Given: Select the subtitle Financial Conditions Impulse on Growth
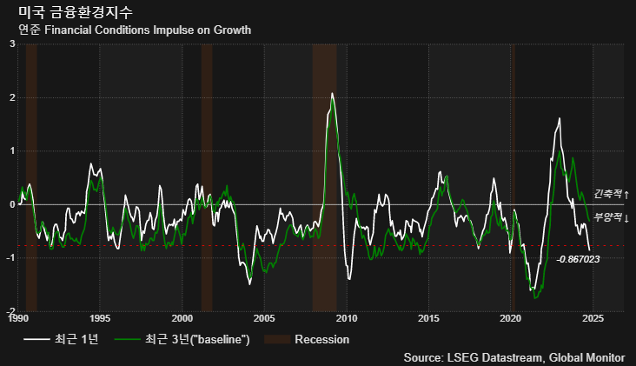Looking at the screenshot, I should click(135, 30).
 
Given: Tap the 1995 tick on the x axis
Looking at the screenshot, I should click(99, 318).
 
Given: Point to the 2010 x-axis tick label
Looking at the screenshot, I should click(347, 318).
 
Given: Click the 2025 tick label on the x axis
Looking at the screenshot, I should click(593, 318).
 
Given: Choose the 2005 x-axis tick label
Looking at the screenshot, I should click(264, 318).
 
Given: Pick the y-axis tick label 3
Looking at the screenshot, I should click(12, 44).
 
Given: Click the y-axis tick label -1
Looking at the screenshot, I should click(10, 258).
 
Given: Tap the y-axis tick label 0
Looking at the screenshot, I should click(12, 204).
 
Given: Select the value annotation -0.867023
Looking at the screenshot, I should click(578, 259).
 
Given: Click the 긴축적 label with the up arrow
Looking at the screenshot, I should click(611, 194).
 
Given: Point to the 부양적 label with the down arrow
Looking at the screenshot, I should click(611, 217).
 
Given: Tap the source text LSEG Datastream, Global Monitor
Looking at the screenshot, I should click(513, 356).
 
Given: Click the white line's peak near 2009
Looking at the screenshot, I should click(332, 93).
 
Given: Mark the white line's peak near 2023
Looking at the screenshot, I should click(560, 119).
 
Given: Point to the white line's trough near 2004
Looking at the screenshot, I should click(250, 283).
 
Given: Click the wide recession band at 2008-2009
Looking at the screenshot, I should click(323, 174).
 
